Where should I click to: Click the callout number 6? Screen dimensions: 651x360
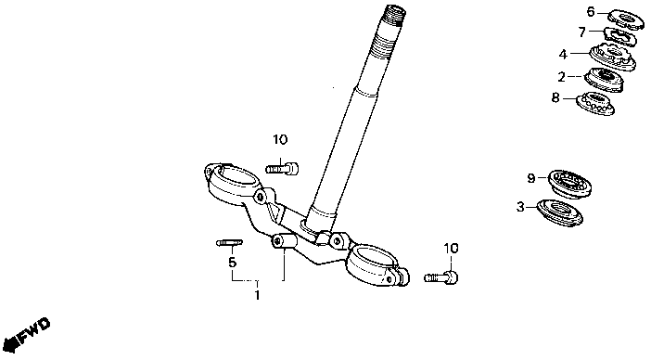[591, 12]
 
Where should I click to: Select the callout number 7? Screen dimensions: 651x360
[582, 32]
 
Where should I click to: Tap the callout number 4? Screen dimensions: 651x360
[563, 55]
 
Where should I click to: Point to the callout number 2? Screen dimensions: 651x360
[561, 77]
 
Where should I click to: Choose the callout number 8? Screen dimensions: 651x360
[555, 97]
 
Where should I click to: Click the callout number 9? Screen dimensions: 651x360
[531, 178]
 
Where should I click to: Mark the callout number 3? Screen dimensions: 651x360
[520, 206]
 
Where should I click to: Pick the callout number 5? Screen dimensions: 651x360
[232, 262]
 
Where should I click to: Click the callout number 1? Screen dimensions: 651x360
[258, 295]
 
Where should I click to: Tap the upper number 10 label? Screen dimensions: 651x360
[280, 139]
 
